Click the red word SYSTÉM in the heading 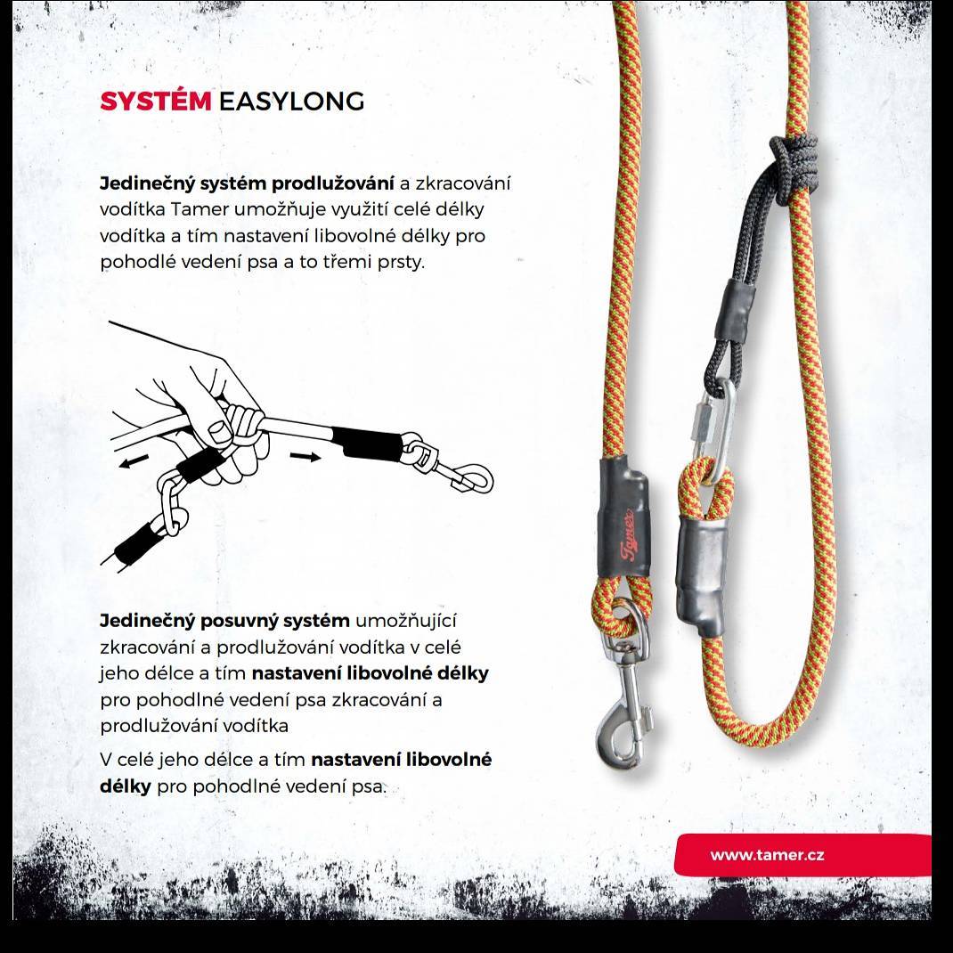click(x=156, y=102)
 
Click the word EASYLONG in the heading click(x=292, y=102)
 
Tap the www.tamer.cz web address click(x=767, y=854)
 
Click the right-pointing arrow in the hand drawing click(x=305, y=456)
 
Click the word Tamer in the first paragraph click(x=200, y=209)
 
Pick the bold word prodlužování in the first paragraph click(x=332, y=183)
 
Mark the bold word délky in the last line click(x=126, y=786)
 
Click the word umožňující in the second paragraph click(x=405, y=621)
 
